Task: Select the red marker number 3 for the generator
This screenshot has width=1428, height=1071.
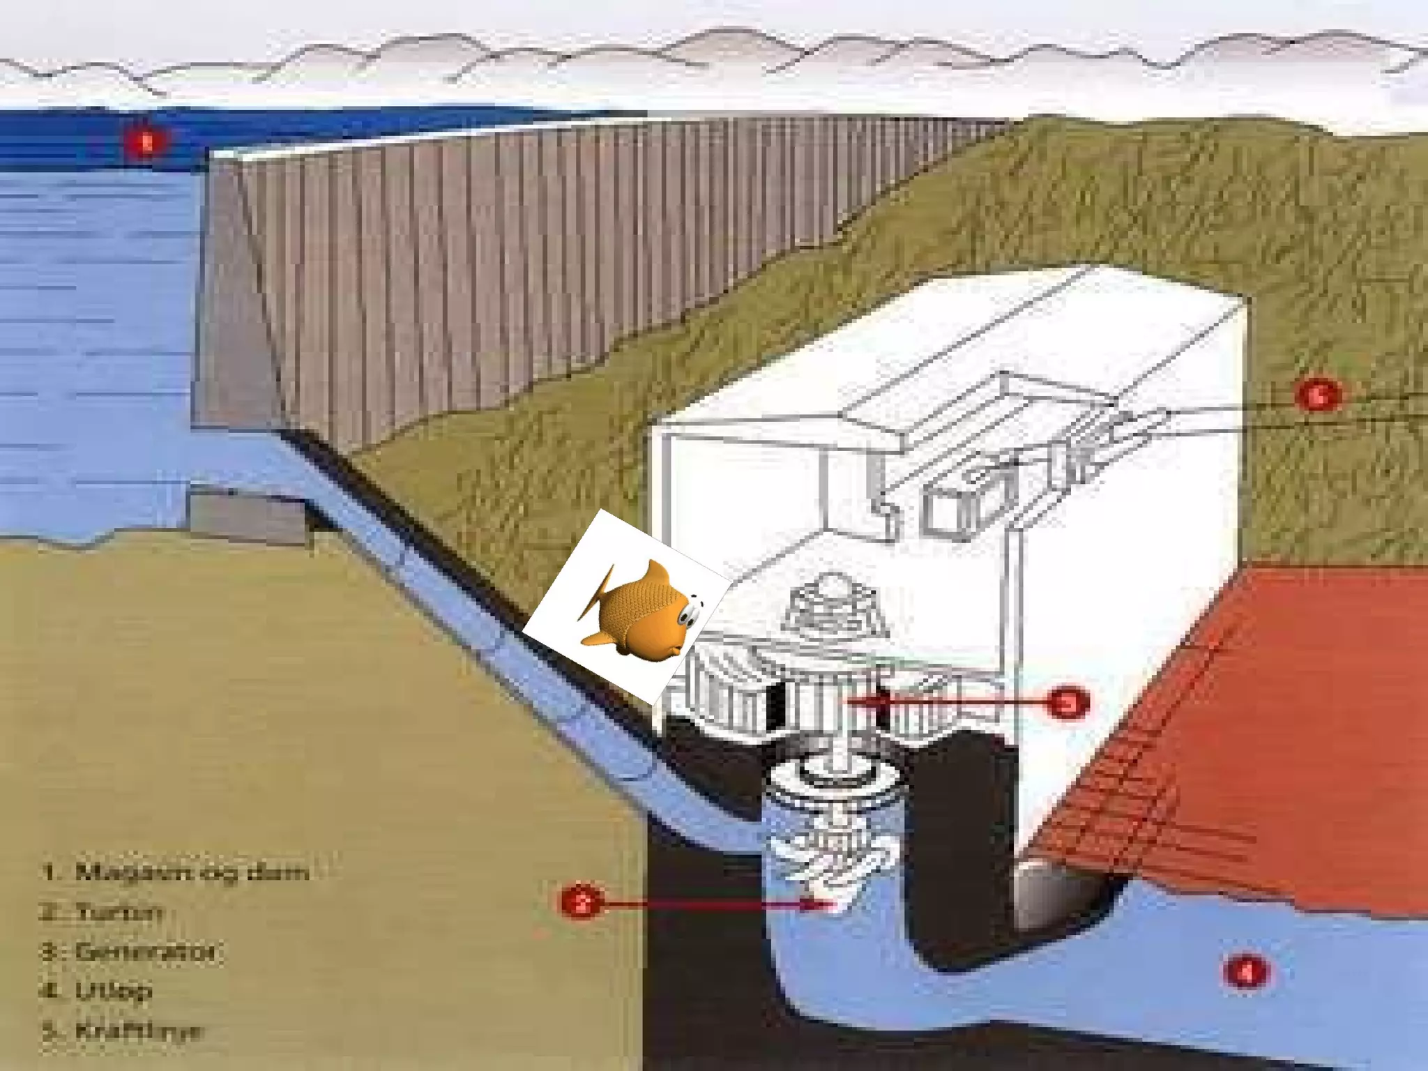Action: pos(1068,703)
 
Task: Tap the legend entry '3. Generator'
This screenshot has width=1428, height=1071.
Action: pos(129,952)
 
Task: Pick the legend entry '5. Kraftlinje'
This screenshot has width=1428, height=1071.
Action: pos(123,1031)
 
